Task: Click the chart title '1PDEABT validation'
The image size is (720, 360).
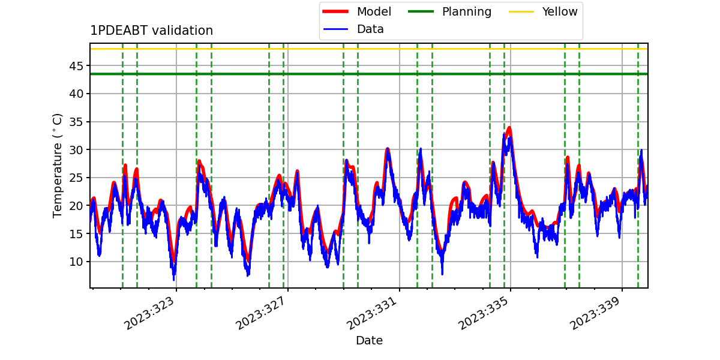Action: tap(151, 31)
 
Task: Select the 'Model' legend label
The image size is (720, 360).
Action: tap(374, 11)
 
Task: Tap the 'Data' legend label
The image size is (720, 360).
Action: tap(370, 29)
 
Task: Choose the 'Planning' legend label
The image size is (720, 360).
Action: tap(467, 12)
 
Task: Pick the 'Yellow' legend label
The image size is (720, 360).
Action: tap(560, 11)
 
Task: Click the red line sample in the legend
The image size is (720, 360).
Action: tap(335, 11)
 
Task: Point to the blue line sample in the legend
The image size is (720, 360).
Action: tap(335, 29)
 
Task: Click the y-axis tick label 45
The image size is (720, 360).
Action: tap(76, 66)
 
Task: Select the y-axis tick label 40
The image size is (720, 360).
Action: tap(76, 94)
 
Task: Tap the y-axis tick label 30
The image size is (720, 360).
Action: tap(76, 150)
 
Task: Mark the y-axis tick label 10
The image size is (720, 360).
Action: tap(76, 262)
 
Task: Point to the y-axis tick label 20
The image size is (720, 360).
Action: tap(76, 206)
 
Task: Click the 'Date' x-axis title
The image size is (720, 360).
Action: tap(369, 340)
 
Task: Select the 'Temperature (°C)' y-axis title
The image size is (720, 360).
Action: tap(57, 166)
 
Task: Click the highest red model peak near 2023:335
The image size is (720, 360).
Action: tap(509, 128)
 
